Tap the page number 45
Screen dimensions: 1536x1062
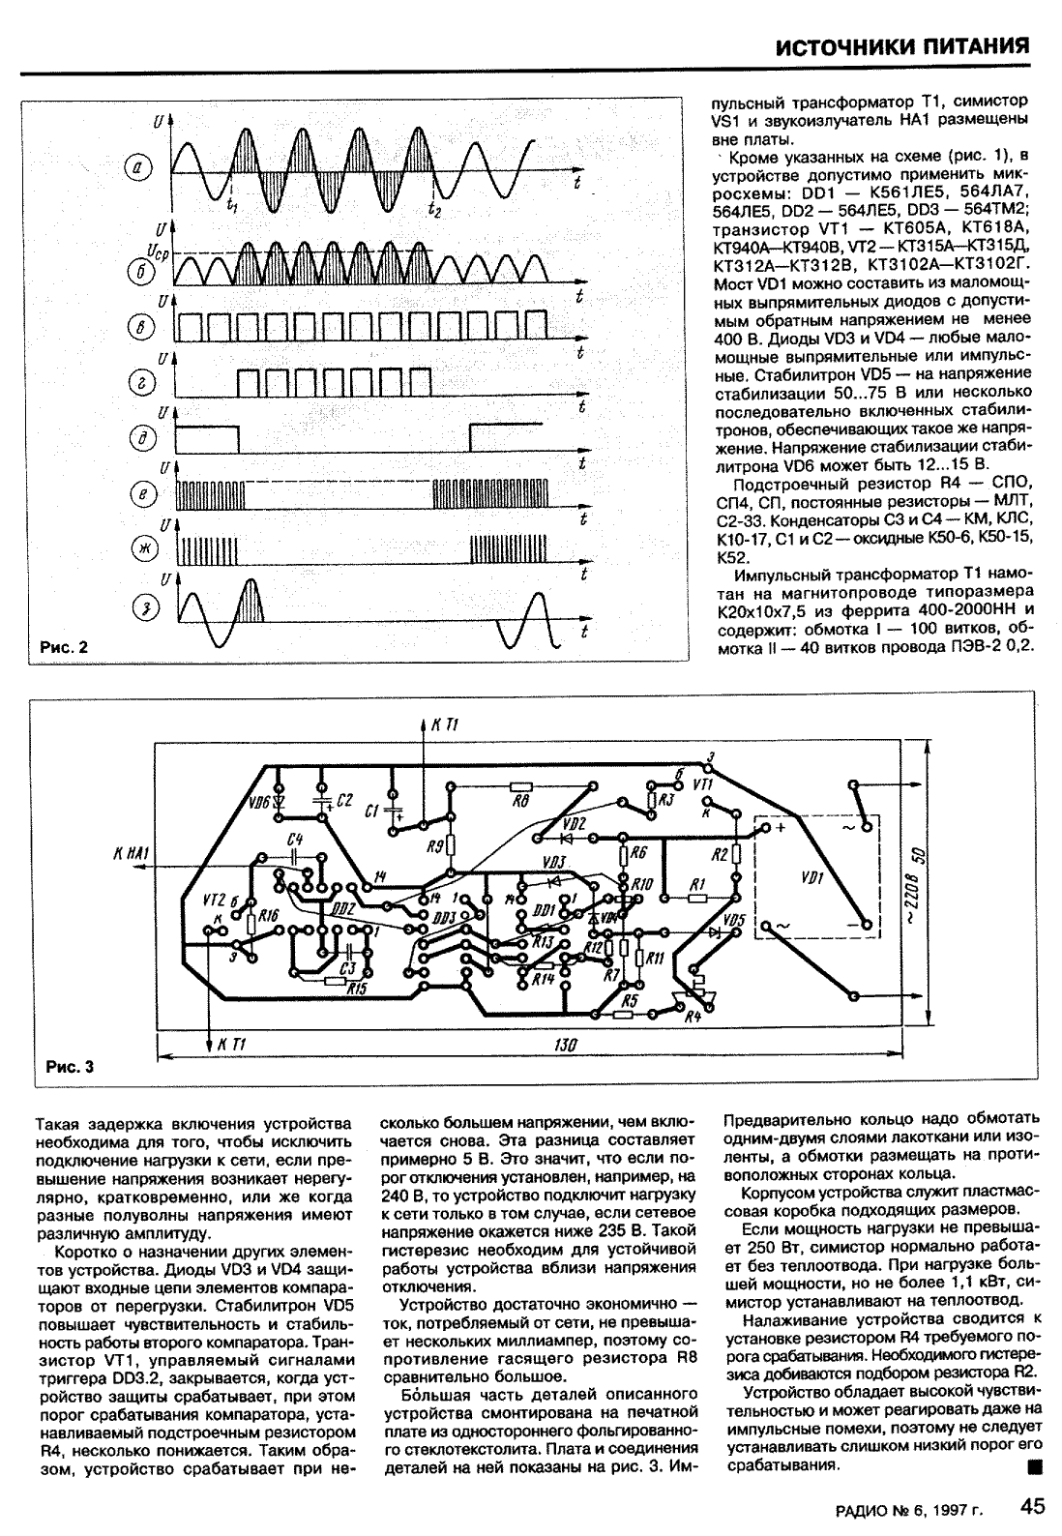[x=1031, y=1507]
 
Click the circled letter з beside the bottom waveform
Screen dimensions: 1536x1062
[x=144, y=606]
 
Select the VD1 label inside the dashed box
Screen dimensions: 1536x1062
[x=812, y=879]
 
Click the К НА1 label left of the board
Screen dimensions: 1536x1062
[x=130, y=853]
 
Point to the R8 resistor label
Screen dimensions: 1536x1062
[x=521, y=802]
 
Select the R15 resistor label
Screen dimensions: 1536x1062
[x=356, y=989]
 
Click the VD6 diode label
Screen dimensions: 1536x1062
[x=259, y=802]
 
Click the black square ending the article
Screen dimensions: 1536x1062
[x=1034, y=1467]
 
